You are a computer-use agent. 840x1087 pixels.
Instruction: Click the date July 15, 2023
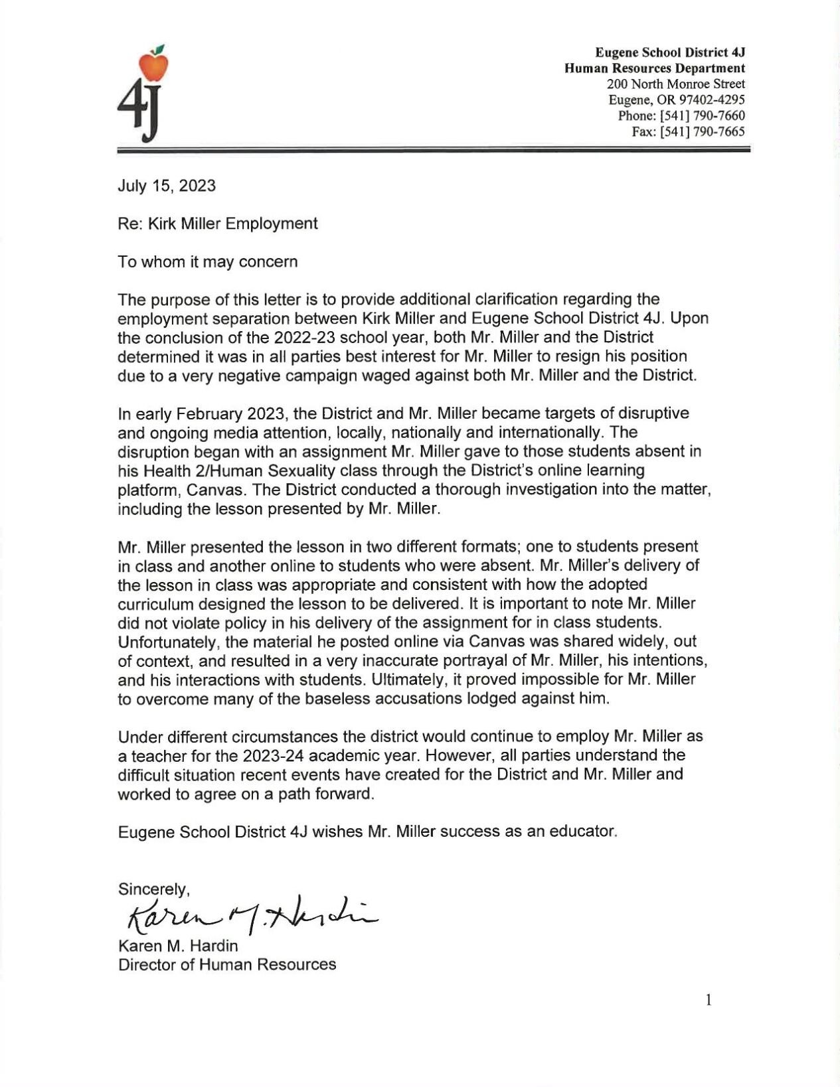pos(167,185)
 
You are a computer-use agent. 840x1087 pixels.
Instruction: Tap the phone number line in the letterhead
pos(681,115)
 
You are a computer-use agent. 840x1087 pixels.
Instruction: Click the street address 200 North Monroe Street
pos(675,84)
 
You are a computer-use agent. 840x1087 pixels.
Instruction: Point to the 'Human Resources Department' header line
pos(654,68)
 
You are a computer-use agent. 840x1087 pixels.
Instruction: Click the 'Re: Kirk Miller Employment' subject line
pos(218,223)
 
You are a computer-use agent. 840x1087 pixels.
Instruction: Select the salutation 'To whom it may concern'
pos(208,261)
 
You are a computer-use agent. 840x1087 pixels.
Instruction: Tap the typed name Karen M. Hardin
pos(177,945)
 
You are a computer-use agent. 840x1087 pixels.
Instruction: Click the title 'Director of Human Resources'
pos(227,964)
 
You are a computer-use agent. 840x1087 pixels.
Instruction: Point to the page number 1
pos(709,999)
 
